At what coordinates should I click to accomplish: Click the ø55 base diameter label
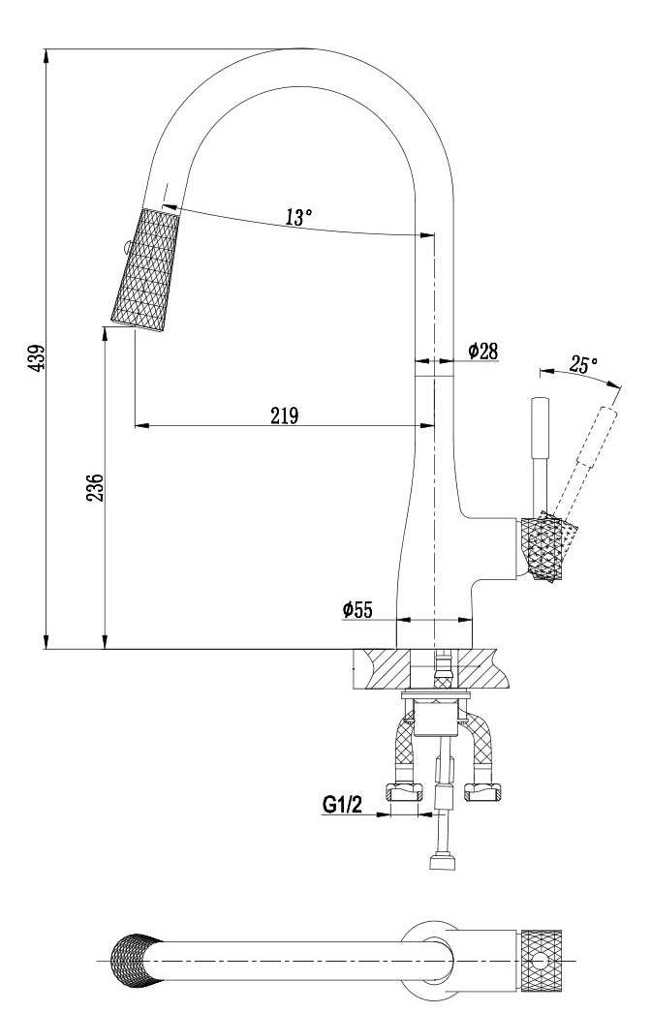coord(357,609)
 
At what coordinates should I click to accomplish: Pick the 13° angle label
coord(298,217)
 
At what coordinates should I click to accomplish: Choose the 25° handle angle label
coord(583,365)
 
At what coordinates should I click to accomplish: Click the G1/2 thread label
coord(342,804)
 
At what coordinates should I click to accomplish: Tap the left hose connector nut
coord(403,793)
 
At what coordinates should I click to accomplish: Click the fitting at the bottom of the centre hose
coord(442,860)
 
